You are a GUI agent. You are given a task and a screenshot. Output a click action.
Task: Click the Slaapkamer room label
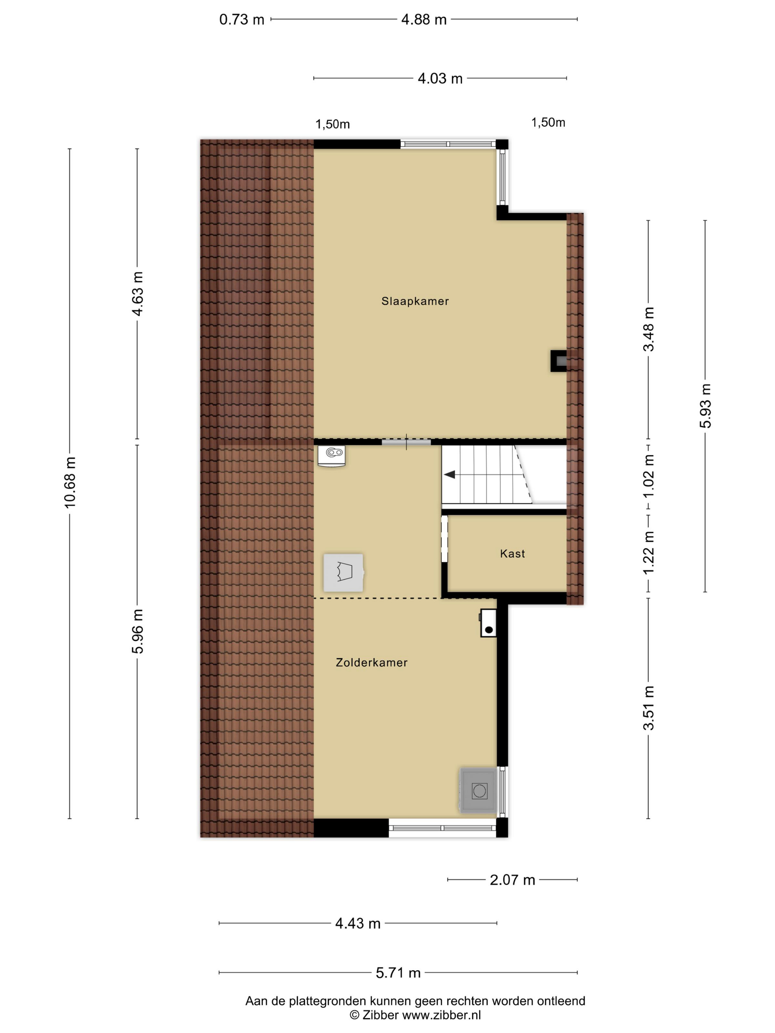(x=415, y=301)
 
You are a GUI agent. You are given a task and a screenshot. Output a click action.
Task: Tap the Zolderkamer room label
(x=371, y=662)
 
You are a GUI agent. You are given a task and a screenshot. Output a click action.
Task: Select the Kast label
(x=512, y=553)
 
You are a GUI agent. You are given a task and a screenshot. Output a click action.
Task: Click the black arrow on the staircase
(x=449, y=474)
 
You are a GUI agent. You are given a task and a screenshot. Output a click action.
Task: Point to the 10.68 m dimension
(x=70, y=483)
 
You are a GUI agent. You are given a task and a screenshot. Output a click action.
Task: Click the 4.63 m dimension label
(x=137, y=294)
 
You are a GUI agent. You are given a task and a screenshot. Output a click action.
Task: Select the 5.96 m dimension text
(x=137, y=631)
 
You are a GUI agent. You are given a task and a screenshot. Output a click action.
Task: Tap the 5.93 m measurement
(x=705, y=406)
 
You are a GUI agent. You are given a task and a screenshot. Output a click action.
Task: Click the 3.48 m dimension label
(x=648, y=329)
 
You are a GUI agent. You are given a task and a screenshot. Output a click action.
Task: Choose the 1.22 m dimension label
(x=648, y=553)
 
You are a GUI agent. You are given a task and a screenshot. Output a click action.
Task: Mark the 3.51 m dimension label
(x=648, y=708)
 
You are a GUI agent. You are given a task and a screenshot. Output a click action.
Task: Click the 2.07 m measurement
(x=512, y=880)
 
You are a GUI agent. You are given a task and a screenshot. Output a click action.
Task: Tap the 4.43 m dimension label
(x=358, y=923)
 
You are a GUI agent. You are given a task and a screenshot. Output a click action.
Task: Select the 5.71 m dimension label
(x=398, y=973)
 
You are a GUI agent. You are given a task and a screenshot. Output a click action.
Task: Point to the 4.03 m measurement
(x=440, y=79)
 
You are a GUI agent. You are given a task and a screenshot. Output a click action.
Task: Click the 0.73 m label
(x=241, y=20)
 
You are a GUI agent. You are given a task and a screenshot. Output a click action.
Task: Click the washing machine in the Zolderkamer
(x=478, y=791)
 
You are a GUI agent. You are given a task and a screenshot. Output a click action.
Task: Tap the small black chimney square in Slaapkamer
(x=559, y=361)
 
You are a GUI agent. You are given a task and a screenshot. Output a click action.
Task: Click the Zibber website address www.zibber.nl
(x=441, y=1015)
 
